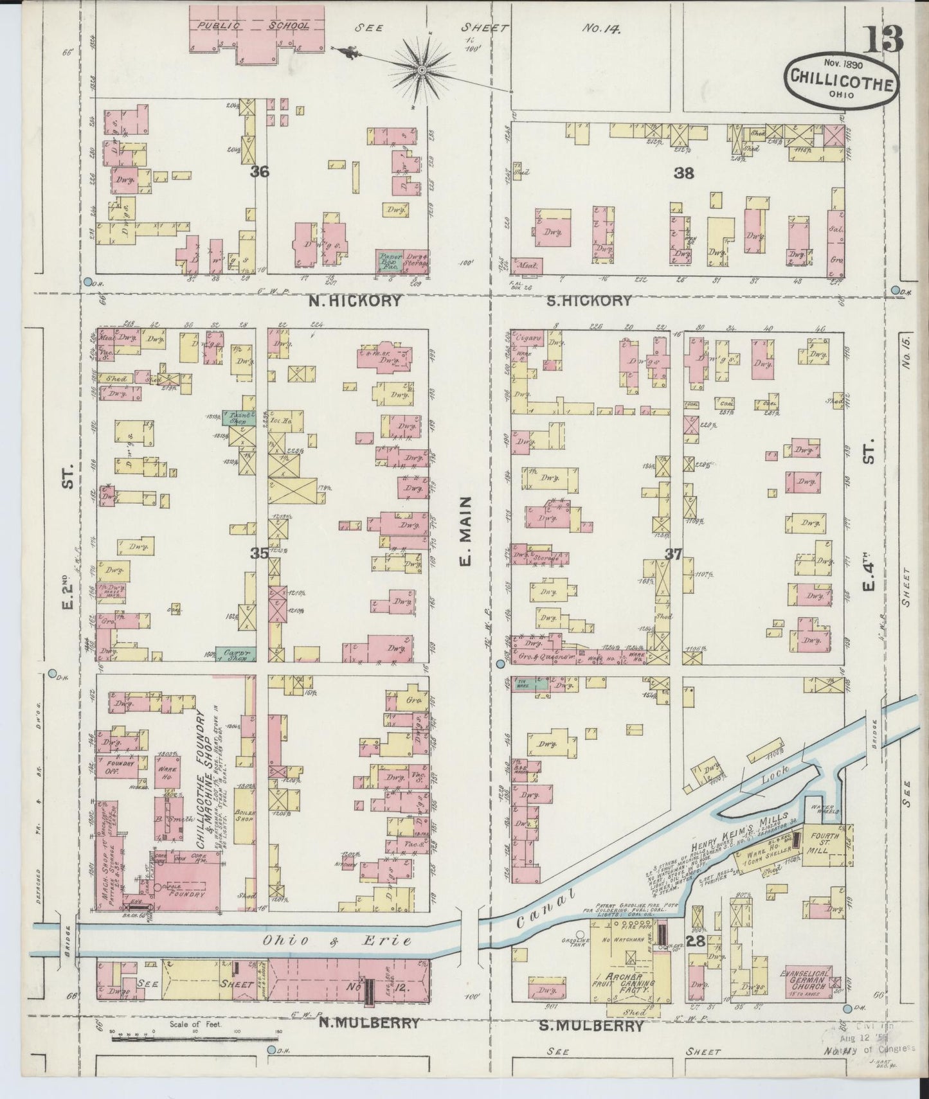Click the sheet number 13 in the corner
[882, 40]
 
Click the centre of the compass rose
[422, 69]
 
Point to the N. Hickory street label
[354, 300]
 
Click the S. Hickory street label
[590, 300]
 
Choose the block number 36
[260, 172]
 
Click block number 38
[682, 172]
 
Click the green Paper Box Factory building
[390, 260]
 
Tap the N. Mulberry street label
[370, 1023]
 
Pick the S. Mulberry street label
[596, 1026]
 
